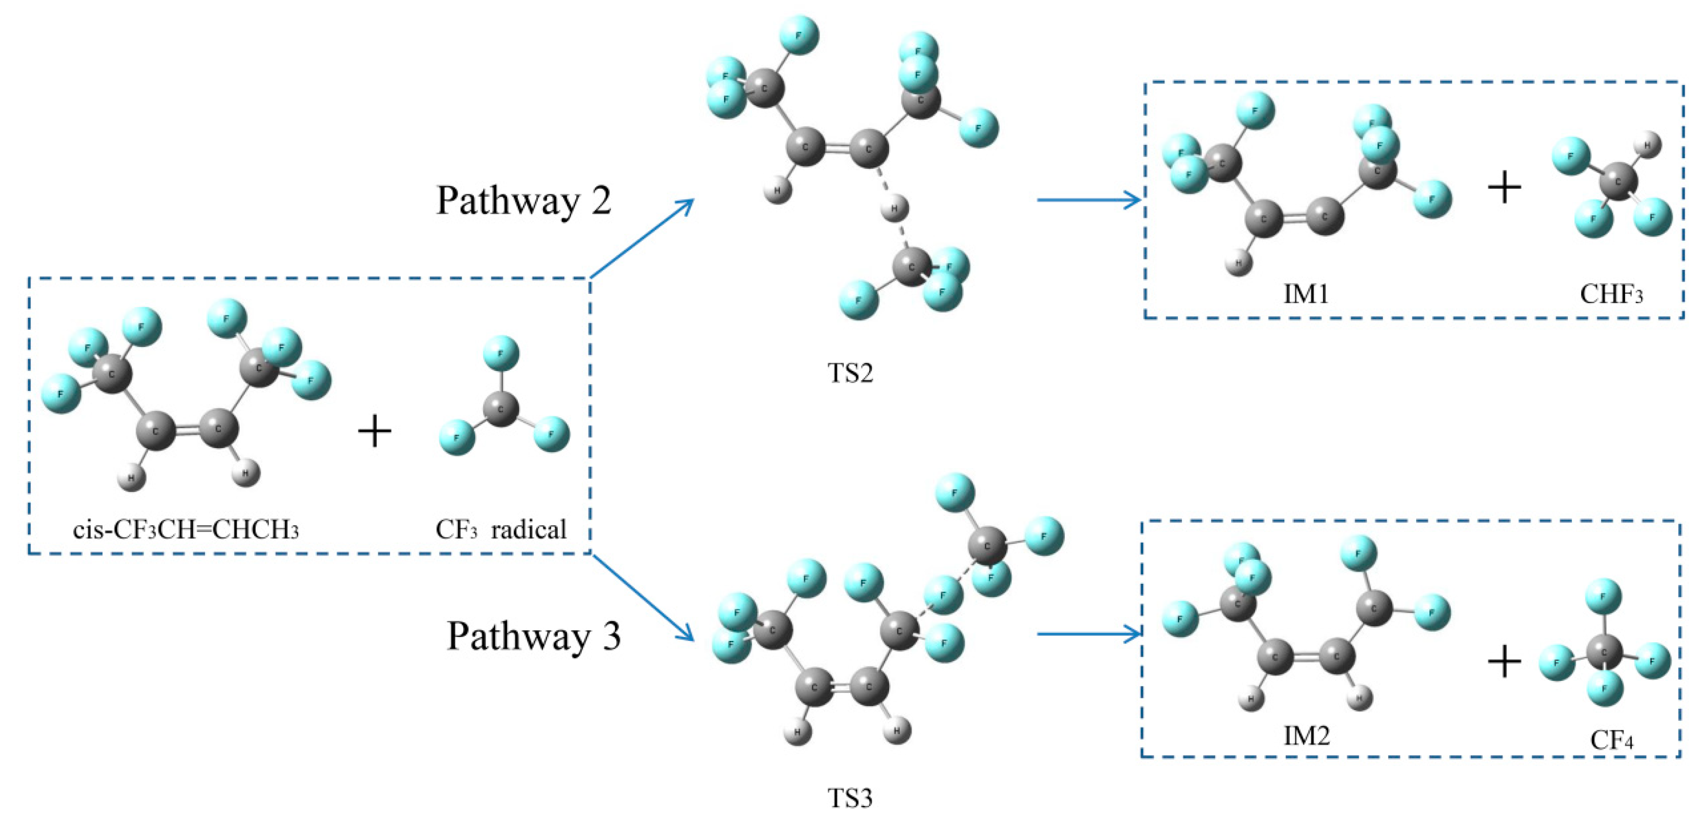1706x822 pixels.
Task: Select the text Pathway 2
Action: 523,200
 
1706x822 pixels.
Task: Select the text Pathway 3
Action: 534,636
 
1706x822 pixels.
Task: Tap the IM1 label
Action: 1306,293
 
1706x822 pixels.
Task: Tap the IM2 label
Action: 1306,735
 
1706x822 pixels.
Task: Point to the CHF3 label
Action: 1611,294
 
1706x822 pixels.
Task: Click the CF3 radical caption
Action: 501,529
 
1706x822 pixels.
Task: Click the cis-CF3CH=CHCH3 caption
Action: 186,529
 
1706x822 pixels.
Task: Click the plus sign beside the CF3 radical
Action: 375,431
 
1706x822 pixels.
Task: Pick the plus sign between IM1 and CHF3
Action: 1504,187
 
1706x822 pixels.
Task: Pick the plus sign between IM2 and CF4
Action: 1504,661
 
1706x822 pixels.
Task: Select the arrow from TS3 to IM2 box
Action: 1089,634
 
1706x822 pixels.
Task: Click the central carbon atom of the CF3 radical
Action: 501,409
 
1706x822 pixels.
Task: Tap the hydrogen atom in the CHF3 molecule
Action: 1648,144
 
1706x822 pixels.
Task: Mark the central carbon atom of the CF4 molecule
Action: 1604,653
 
